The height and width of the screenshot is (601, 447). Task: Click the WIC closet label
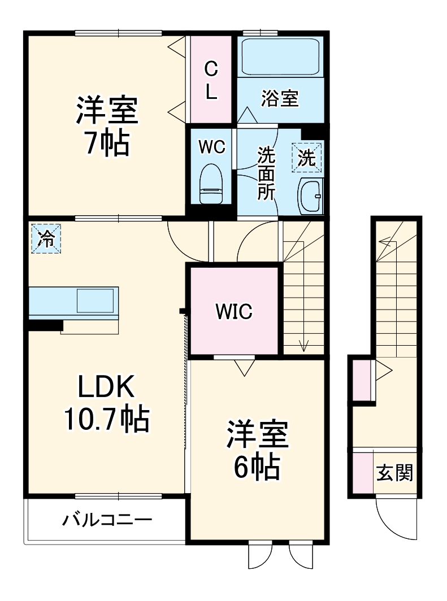(234, 311)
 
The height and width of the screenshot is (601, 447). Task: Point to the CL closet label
(211, 81)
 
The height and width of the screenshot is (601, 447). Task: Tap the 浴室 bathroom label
(280, 99)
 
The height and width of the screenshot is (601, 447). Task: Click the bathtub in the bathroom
(280, 56)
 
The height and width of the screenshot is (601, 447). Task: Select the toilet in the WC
(211, 184)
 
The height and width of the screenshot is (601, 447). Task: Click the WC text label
(211, 146)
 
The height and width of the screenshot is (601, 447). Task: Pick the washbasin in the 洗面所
(310, 195)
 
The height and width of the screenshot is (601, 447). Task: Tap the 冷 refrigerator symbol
(45, 239)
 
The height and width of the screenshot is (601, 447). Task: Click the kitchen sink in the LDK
(97, 299)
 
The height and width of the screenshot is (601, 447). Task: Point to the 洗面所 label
(266, 174)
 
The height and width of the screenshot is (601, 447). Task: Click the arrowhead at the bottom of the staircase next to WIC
(304, 346)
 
